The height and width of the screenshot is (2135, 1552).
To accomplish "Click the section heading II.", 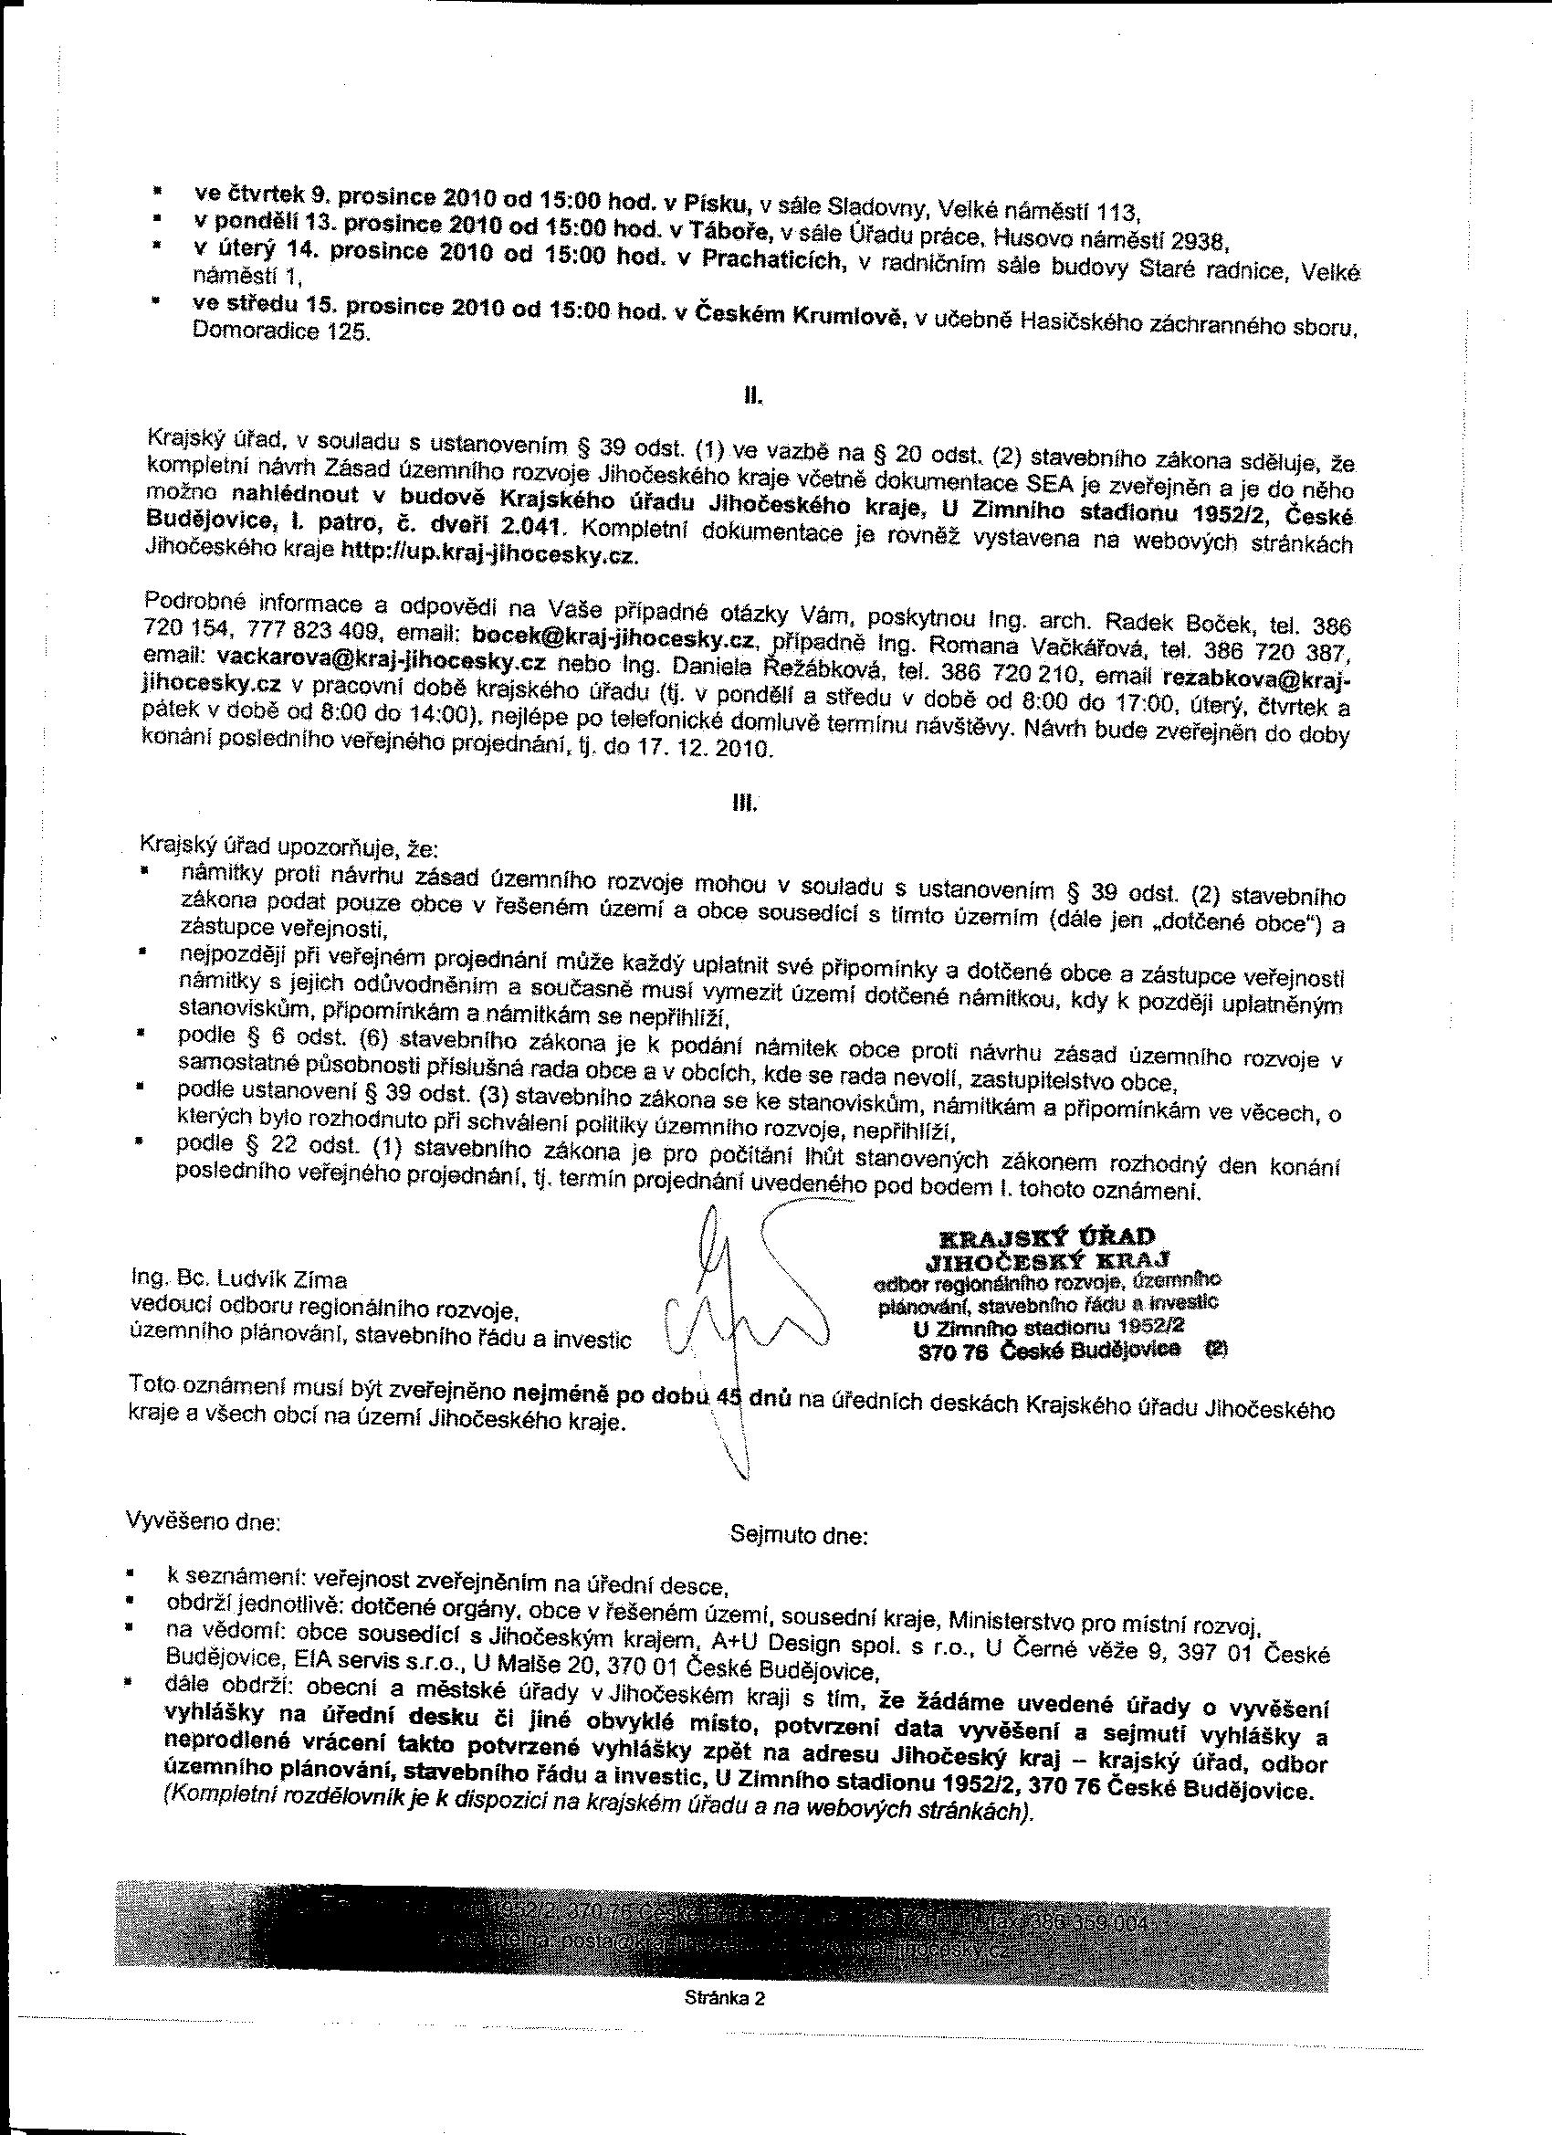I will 751,396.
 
